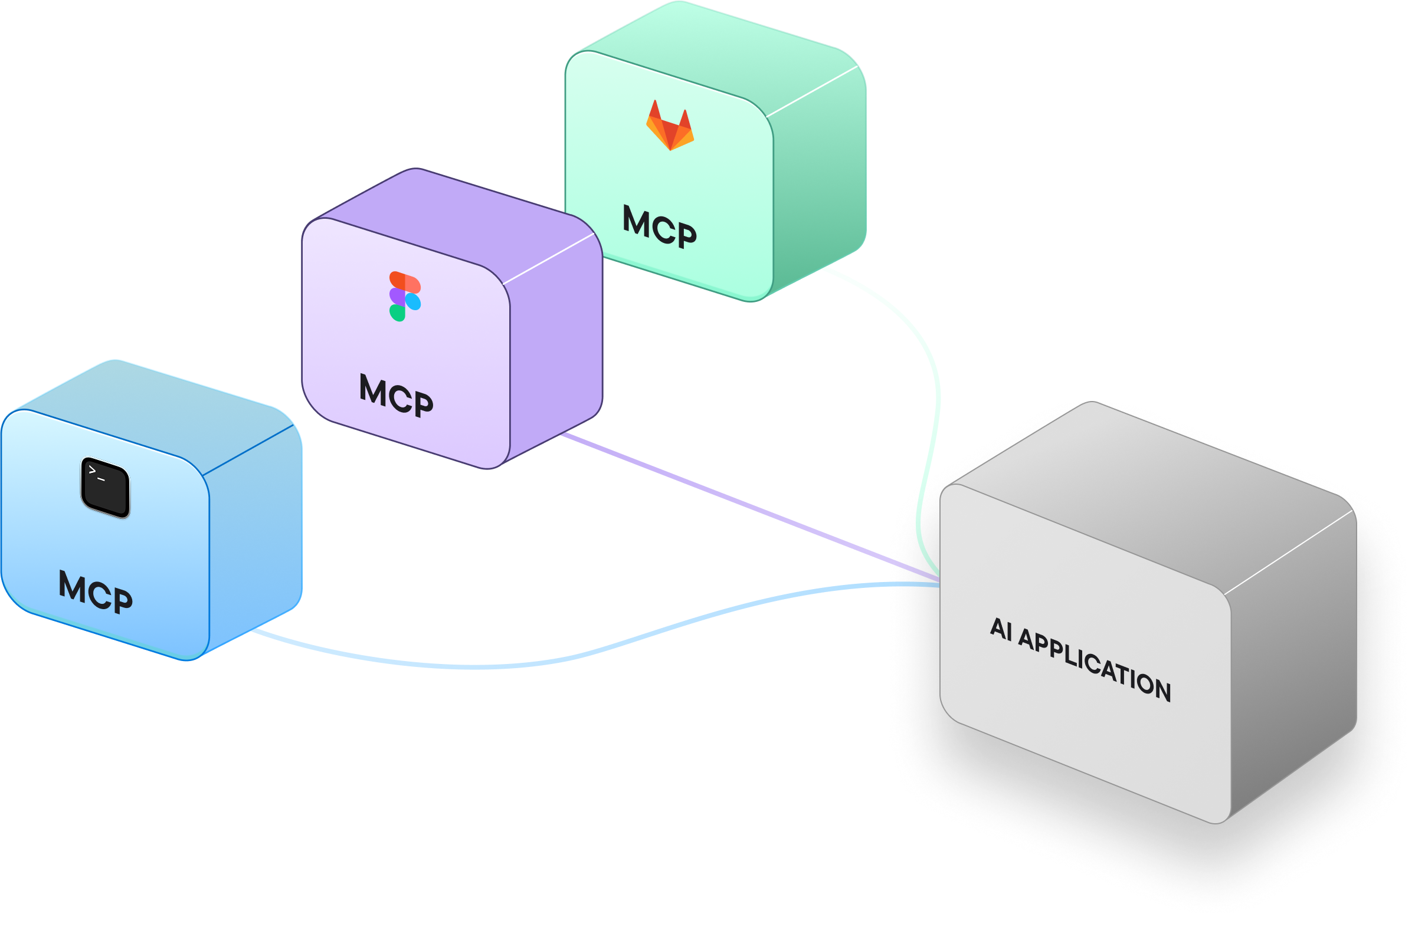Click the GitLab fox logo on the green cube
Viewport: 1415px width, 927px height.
point(670,126)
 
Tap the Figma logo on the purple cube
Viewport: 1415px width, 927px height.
point(405,296)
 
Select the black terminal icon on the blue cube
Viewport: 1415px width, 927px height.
point(105,487)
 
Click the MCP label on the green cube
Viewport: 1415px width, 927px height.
point(659,226)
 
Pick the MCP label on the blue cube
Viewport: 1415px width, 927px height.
point(95,591)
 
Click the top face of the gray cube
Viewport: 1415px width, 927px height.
point(1148,493)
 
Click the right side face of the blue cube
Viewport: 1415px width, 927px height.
point(256,535)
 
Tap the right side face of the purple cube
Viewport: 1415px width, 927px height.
point(556,344)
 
